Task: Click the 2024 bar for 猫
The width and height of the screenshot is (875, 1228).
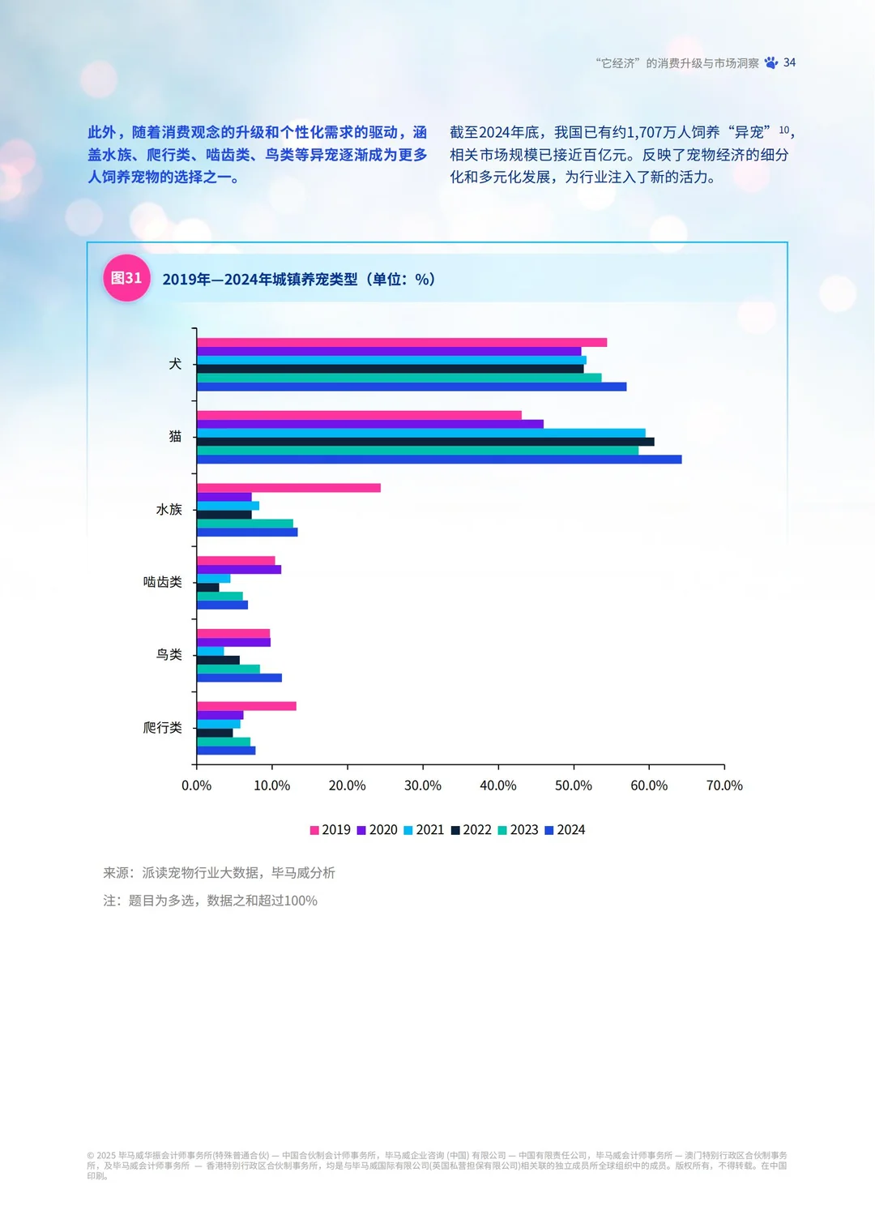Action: [x=438, y=460]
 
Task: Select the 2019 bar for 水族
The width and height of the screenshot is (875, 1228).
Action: [x=288, y=488]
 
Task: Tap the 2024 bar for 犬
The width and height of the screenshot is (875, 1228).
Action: [x=411, y=387]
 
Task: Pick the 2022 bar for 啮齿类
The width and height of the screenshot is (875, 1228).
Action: [x=207, y=587]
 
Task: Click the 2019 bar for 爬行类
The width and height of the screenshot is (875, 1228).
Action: [x=246, y=706]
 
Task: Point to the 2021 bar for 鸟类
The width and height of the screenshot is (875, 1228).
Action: [x=210, y=651]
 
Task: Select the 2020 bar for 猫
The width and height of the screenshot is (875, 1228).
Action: [x=369, y=424]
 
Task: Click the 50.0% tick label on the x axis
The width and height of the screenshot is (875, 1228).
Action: [x=573, y=785]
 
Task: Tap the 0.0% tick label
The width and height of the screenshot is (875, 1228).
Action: [x=196, y=785]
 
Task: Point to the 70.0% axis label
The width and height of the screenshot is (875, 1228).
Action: [x=723, y=785]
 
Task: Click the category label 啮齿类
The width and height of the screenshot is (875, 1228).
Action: [x=162, y=582]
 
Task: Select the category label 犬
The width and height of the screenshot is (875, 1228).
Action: [x=174, y=364]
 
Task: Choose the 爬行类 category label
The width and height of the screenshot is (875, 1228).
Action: [x=162, y=728]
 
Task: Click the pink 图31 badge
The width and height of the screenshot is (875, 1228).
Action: [x=126, y=278]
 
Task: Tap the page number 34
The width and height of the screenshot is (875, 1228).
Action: [x=789, y=62]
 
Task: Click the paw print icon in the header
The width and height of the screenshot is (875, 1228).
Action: [x=770, y=62]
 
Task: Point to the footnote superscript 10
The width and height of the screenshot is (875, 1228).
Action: [x=783, y=130]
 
